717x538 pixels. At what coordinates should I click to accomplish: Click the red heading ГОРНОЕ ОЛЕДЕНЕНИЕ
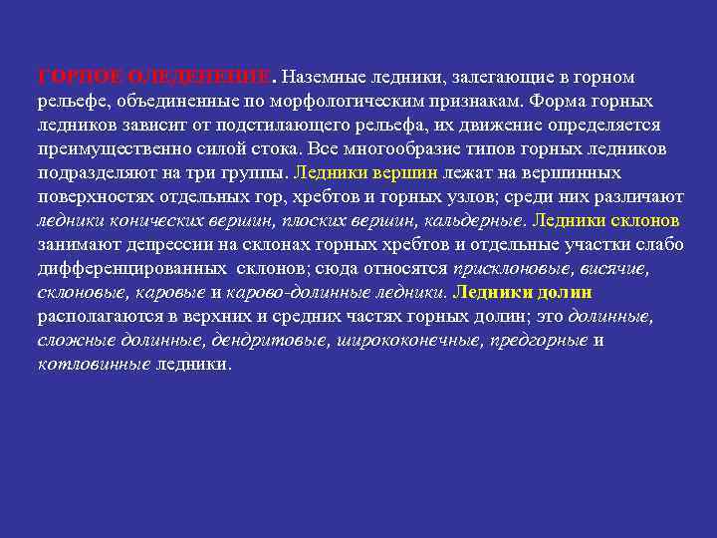(153, 77)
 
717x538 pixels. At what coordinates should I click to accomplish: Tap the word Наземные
(327, 77)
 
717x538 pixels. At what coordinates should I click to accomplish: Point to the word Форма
(561, 102)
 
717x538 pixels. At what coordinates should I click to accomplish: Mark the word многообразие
(434, 149)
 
